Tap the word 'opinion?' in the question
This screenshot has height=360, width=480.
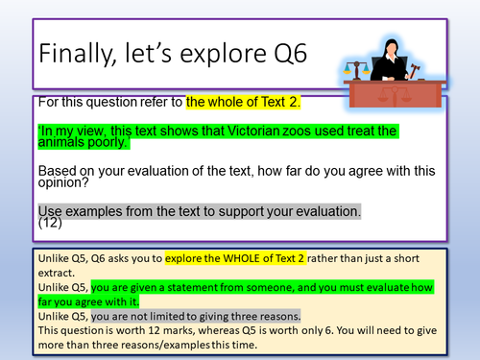coord(65,185)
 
